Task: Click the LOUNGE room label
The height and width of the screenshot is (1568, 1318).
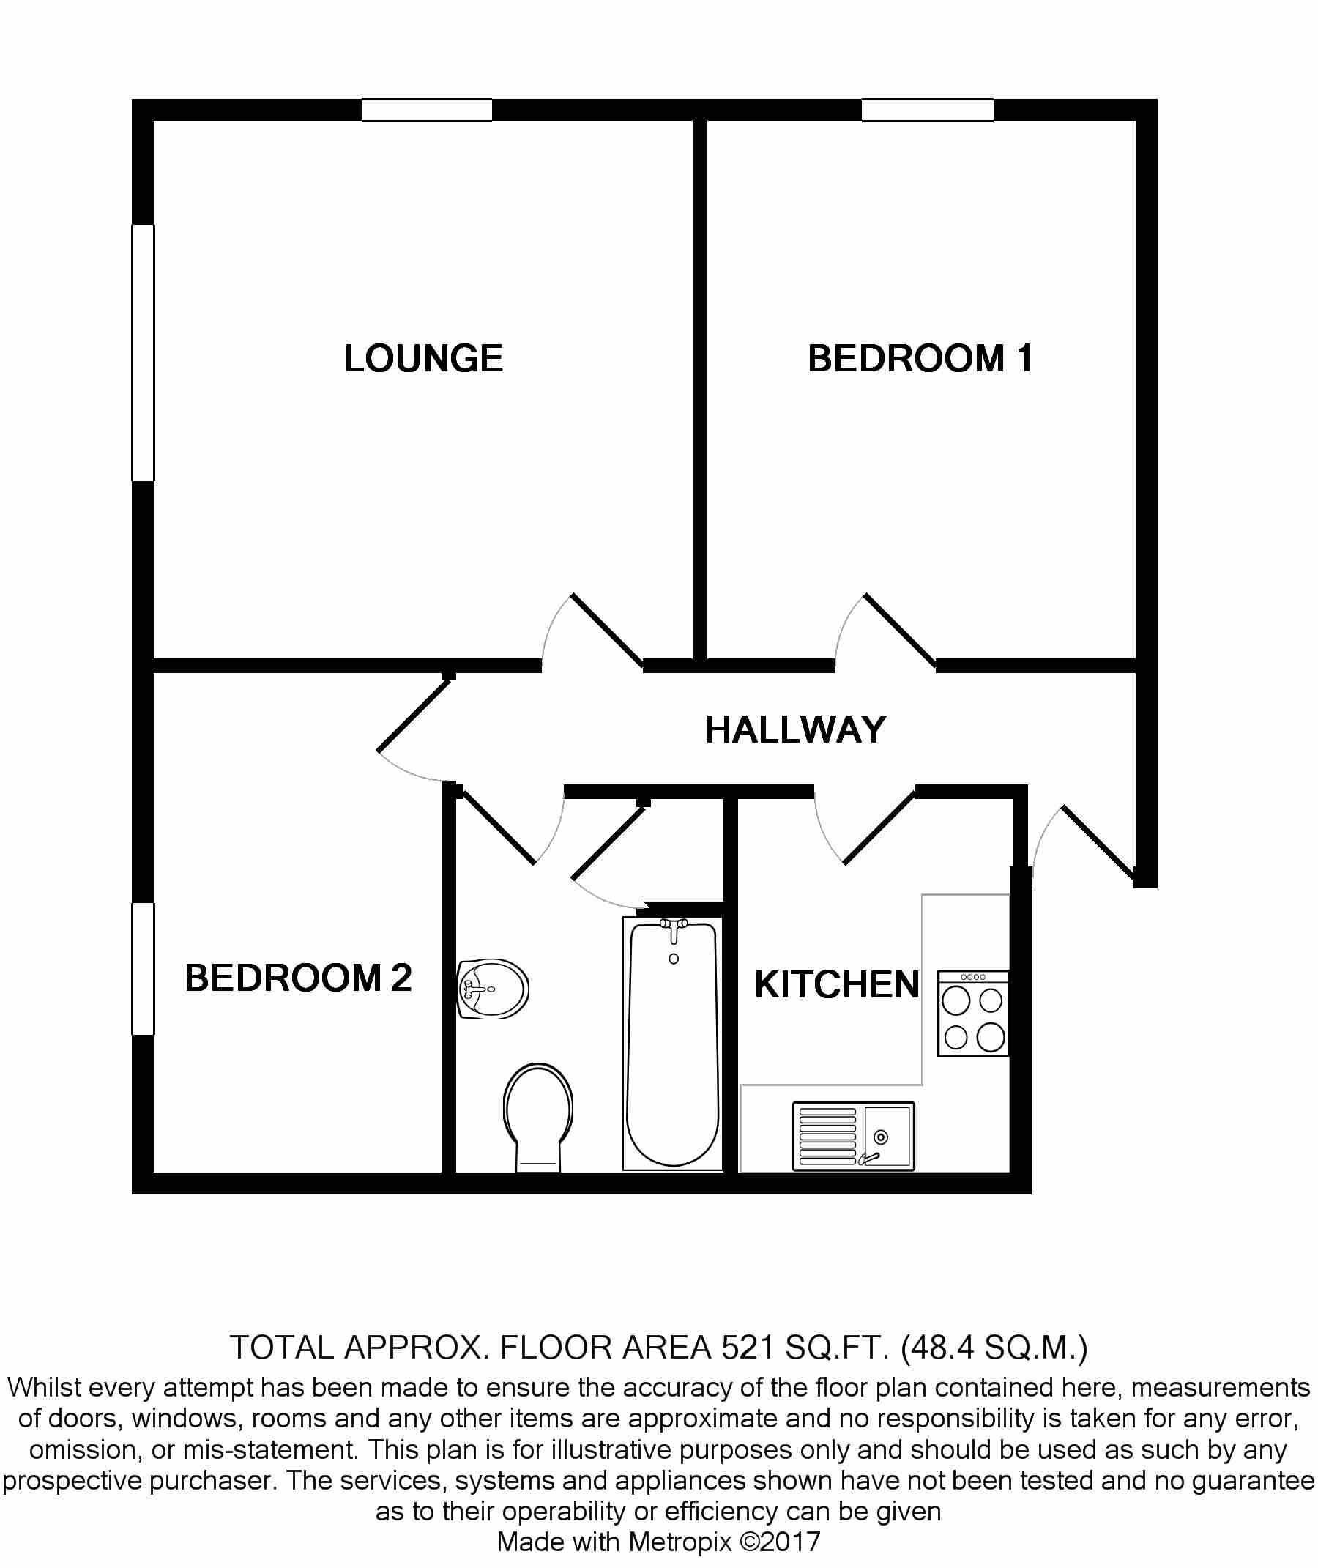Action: [423, 358]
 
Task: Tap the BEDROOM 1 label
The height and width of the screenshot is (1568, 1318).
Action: [920, 358]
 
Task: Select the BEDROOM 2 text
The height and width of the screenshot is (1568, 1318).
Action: [298, 978]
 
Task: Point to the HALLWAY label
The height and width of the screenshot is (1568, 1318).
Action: [795, 729]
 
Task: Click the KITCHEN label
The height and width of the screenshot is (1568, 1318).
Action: [837, 984]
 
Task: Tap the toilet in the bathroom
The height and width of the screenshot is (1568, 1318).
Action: [538, 1114]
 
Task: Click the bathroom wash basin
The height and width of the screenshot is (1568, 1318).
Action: [492, 989]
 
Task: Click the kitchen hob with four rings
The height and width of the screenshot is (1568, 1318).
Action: [973, 1014]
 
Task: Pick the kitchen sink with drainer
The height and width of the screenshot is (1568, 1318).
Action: [852, 1136]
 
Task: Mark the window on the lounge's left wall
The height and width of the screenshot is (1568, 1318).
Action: [143, 352]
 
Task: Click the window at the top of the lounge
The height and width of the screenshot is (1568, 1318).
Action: [427, 110]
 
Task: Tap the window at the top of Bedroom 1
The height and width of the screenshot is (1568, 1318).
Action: [927, 110]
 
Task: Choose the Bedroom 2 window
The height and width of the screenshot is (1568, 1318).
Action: [143, 969]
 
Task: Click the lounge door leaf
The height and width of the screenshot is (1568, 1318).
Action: [608, 629]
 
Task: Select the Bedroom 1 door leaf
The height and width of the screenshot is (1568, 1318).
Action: [901, 629]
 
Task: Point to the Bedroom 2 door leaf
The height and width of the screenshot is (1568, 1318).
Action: [414, 716]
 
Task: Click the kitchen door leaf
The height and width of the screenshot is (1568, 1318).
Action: [879, 827]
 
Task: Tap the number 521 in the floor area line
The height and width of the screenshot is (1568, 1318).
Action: [748, 1348]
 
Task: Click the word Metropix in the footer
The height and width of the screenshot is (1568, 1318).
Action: [680, 1541]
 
